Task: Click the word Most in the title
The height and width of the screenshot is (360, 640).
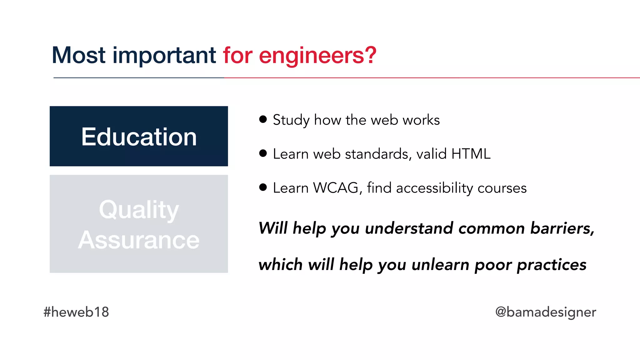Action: (78, 55)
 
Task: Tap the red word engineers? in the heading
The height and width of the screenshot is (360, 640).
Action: (317, 56)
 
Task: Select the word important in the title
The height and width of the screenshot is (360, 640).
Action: (164, 56)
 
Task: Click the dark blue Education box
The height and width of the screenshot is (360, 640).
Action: (139, 136)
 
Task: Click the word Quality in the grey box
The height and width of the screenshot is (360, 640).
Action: (139, 210)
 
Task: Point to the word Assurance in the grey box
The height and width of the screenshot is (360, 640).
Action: (139, 240)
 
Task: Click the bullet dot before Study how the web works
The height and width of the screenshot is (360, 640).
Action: (263, 119)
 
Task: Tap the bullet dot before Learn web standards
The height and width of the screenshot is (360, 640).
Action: (263, 153)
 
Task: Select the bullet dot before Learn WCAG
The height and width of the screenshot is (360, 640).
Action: (263, 187)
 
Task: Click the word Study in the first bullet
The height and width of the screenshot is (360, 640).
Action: (291, 120)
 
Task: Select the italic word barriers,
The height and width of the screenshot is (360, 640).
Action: (562, 228)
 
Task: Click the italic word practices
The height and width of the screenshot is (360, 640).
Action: (552, 265)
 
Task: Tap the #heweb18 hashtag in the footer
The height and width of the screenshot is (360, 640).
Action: (76, 312)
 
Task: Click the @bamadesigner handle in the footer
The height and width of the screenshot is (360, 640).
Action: (546, 312)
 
